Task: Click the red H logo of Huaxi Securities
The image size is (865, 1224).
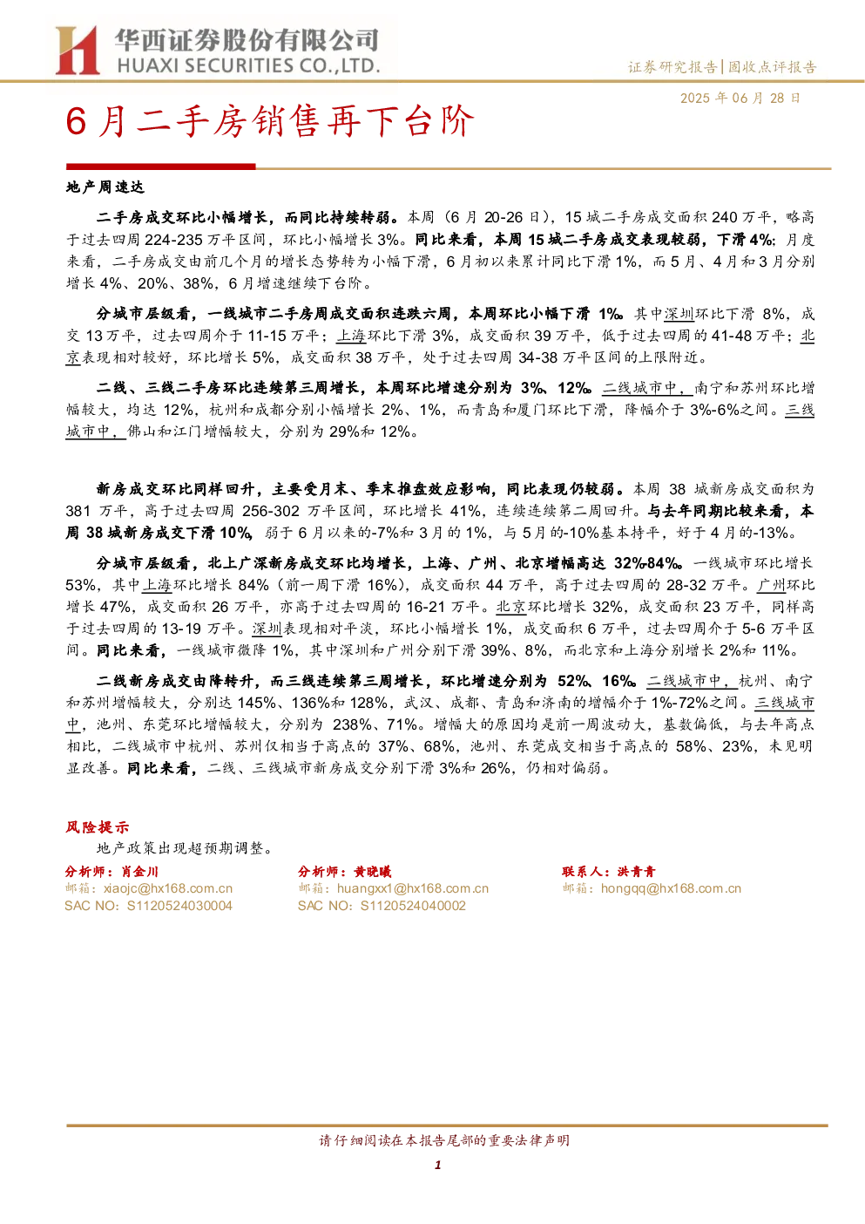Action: [x=78, y=51]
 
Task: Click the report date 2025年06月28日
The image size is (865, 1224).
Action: [x=740, y=98]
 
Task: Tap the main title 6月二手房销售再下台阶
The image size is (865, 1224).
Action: [x=270, y=121]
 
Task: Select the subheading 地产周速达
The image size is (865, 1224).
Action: [x=105, y=187]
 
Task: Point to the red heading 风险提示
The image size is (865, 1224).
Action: [x=98, y=826]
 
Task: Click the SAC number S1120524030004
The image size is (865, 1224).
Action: [x=179, y=906]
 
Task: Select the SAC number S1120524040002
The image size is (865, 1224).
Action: [x=413, y=906]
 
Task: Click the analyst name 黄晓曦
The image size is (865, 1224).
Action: [x=373, y=872]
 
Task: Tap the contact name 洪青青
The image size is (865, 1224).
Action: [x=636, y=872]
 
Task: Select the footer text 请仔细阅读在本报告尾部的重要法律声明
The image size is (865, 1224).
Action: [x=444, y=1140]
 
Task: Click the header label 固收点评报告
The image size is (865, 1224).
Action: [x=772, y=67]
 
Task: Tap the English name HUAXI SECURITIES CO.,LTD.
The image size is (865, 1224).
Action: [x=248, y=66]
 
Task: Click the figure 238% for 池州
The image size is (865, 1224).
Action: [x=351, y=724]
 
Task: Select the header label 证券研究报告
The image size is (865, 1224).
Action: [x=672, y=67]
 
